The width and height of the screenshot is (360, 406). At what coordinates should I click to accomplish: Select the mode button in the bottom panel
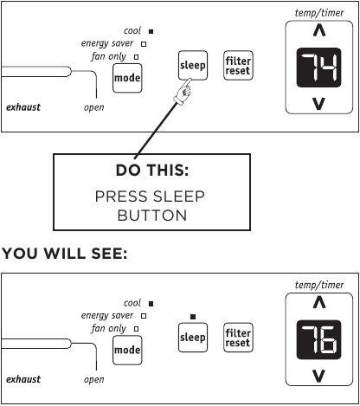click(x=127, y=350)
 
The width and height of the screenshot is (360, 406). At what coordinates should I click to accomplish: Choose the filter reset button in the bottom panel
click(x=237, y=337)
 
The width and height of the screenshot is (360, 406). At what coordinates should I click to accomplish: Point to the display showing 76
click(x=320, y=340)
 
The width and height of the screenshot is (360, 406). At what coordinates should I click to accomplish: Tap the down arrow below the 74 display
click(x=320, y=106)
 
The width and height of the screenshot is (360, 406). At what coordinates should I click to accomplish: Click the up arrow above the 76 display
click(x=320, y=302)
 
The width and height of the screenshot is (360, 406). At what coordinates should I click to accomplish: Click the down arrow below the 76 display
click(x=320, y=375)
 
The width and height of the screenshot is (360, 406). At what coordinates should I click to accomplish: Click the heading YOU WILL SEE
click(x=66, y=254)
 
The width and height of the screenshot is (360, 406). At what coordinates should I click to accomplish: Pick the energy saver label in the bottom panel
click(x=108, y=316)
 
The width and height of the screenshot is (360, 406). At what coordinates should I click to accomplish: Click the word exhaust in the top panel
click(x=22, y=107)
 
